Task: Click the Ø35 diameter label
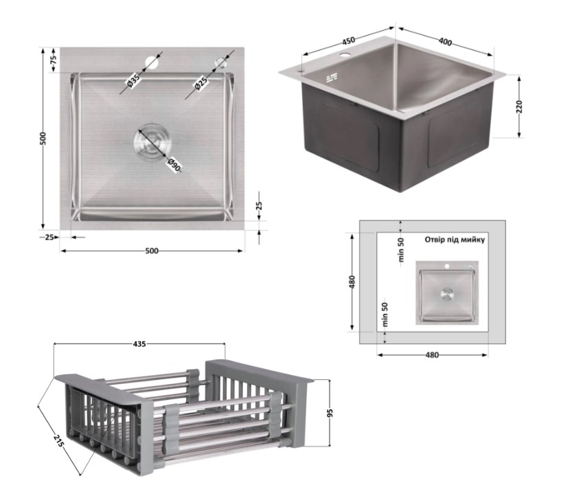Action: tap(133, 82)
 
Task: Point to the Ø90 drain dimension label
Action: tap(174, 165)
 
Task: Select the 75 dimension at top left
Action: tap(53, 60)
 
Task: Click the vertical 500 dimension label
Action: tap(43, 139)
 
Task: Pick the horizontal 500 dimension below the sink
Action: tap(152, 251)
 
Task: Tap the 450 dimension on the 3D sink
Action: tap(348, 41)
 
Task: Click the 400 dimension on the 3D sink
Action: tap(445, 41)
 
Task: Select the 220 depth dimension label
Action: tap(520, 106)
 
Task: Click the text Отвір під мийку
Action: tap(455, 240)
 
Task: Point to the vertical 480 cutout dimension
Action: tap(352, 282)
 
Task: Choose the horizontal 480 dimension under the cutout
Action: tap(432, 355)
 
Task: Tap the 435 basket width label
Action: tap(139, 344)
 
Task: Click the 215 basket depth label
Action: tap(58, 440)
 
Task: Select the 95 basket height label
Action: tap(330, 413)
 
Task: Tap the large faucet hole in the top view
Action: tap(152, 62)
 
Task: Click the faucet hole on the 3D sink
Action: tap(345, 56)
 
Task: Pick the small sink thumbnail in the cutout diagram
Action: tap(447, 293)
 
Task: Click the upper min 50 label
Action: tap(401, 250)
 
